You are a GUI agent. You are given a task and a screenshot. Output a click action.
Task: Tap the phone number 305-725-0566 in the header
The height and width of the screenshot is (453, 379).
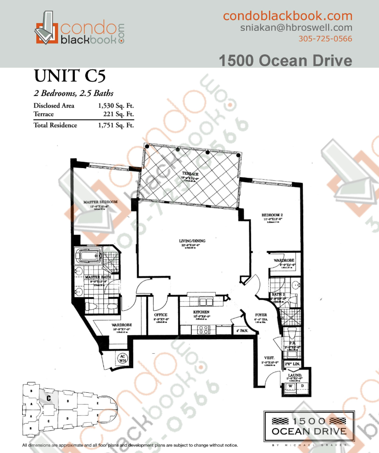[325, 39]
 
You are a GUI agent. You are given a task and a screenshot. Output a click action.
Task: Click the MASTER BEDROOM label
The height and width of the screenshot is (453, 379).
[100, 202]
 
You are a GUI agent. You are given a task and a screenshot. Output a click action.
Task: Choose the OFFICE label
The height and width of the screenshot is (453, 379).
[160, 315]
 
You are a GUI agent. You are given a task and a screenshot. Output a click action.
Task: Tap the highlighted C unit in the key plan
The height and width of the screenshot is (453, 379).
[48, 398]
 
